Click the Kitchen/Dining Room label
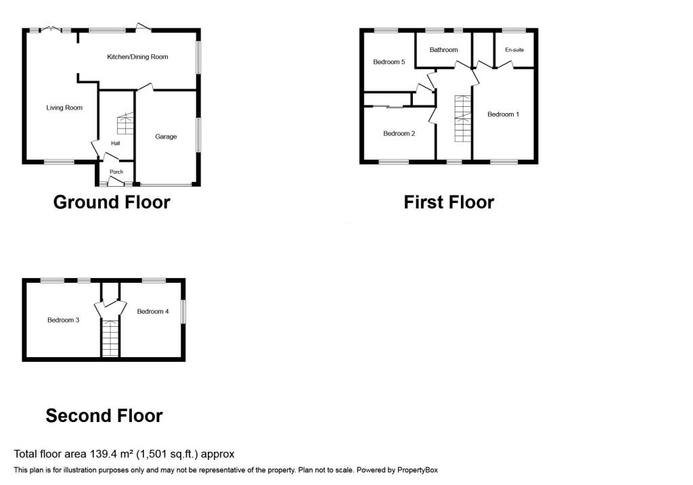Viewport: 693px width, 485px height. click(x=137, y=57)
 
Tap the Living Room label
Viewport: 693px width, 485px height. click(x=64, y=108)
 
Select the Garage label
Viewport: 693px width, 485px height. click(x=166, y=137)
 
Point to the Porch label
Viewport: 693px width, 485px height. click(x=116, y=172)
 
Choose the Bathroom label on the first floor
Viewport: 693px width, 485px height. click(x=443, y=49)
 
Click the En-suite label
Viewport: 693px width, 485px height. click(x=514, y=49)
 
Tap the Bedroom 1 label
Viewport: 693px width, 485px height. click(x=503, y=114)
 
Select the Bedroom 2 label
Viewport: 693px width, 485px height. click(x=399, y=133)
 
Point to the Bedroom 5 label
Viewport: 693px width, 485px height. click(x=389, y=62)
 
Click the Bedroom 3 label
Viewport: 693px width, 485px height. click(x=64, y=320)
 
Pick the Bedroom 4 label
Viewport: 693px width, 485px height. click(x=153, y=311)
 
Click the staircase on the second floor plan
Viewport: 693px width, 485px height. click(x=110, y=338)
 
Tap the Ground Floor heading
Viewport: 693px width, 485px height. click(x=112, y=202)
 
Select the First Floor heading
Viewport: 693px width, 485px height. click(x=449, y=202)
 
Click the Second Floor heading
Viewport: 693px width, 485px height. click(x=104, y=415)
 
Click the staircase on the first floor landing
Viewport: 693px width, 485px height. click(x=463, y=118)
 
